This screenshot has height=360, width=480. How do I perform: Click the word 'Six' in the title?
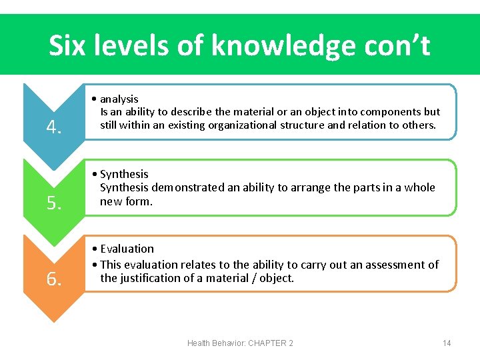coord(69,45)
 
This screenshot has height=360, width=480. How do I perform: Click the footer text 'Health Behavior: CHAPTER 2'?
coord(240,343)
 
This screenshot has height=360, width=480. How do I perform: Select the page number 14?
coord(447,343)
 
